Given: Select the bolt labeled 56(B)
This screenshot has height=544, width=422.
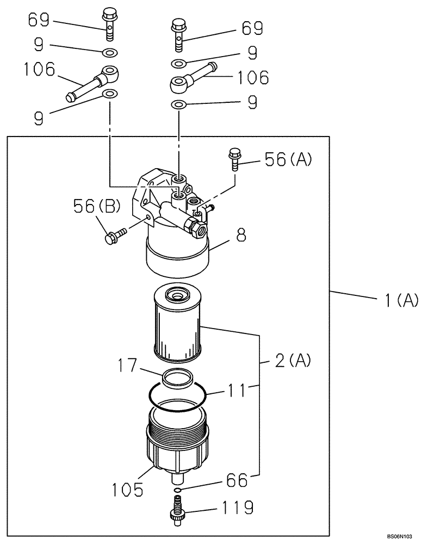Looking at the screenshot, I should click(114, 237).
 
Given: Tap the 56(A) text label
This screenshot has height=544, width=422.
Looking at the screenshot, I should click(288, 159).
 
